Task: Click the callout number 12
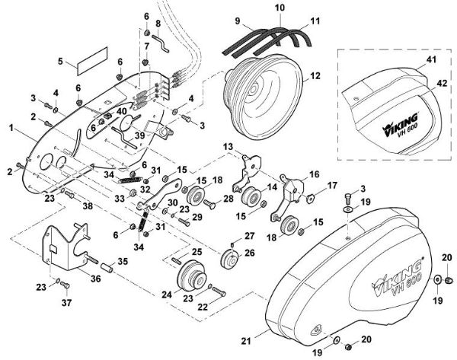[315, 75]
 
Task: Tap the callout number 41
[431, 59]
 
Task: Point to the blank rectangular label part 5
[92, 61]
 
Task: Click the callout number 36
[95, 279]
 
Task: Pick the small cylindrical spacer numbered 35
[107, 268]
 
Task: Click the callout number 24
[167, 295]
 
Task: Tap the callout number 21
[246, 340]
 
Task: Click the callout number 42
[442, 83]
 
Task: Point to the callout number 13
[228, 146]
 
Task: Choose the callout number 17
[332, 185]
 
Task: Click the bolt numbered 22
[219, 292]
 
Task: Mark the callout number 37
[66, 303]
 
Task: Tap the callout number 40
[122, 111]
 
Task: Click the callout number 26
[250, 253]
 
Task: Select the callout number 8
[158, 24]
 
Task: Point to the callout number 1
[11, 128]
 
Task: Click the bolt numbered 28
[210, 204]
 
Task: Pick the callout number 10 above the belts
[280, 8]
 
